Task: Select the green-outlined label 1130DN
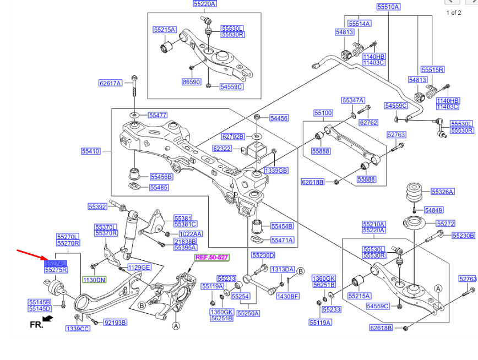pos(94,280)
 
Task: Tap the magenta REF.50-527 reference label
pos(211,257)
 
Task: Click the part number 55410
pos(91,151)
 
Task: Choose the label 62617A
pos(110,83)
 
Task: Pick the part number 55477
pos(157,115)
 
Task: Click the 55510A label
pos(388,7)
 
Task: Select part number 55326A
pos(442,192)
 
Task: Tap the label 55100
pos(323,113)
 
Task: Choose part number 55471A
pos(282,240)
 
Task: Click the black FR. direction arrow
pos(48,318)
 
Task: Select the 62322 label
pos(222,148)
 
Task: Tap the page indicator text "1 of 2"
pos(453,13)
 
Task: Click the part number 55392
pos(97,207)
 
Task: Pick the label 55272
pos(446,224)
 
